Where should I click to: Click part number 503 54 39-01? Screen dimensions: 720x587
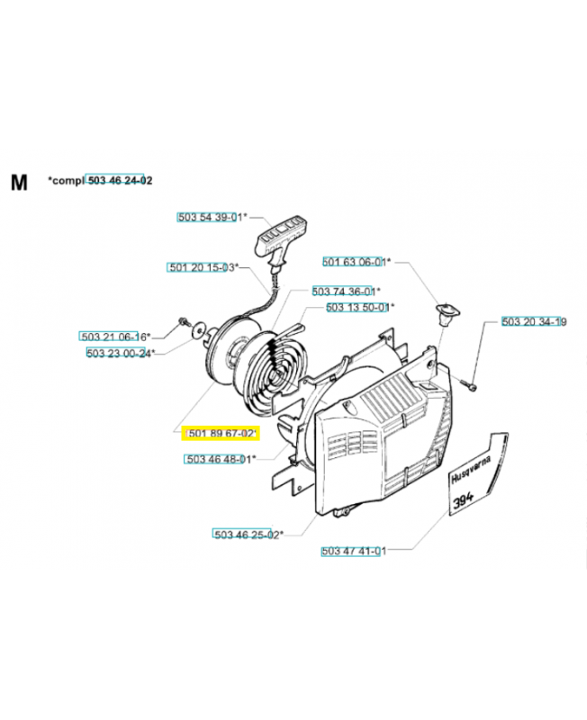pyautogui.click(x=210, y=217)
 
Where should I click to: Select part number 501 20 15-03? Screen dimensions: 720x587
pyautogui.click(x=202, y=267)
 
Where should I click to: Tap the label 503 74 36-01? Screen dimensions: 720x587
pyautogui.click(x=345, y=292)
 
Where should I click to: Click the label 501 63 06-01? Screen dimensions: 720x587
pyautogui.click(x=356, y=262)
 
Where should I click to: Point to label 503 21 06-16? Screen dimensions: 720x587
pyautogui.click(x=113, y=337)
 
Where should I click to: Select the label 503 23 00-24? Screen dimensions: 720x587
pyautogui.click(x=120, y=353)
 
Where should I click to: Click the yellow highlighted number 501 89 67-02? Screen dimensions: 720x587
pyautogui.click(x=221, y=435)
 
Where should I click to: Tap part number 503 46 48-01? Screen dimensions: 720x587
pyautogui.click(x=219, y=459)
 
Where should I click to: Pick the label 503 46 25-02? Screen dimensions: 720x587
pyautogui.click(x=248, y=534)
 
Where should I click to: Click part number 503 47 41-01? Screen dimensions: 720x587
pyautogui.click(x=353, y=551)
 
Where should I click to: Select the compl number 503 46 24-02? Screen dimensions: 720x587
pyautogui.click(x=119, y=181)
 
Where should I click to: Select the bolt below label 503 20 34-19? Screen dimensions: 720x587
pyautogui.click(x=471, y=386)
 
